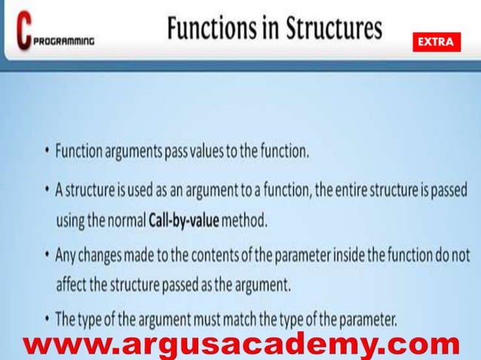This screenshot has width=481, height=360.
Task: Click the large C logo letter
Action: pos(24,30)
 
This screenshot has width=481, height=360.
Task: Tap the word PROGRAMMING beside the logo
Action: pos(64,42)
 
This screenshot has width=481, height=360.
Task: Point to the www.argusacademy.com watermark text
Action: pos(241,345)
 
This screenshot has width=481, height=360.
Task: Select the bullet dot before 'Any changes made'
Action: pos(47,255)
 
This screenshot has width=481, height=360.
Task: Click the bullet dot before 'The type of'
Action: pos(47,320)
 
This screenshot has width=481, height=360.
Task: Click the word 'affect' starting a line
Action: pos(72,287)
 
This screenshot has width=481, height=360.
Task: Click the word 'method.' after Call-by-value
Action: pos(246,222)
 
